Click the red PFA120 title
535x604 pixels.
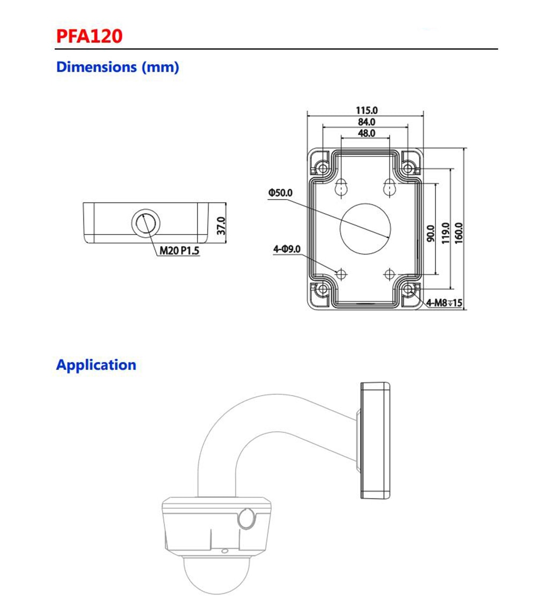(x=89, y=35)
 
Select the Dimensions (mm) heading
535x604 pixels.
(x=118, y=67)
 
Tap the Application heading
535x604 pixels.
(x=96, y=365)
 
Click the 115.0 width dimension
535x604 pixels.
(x=366, y=110)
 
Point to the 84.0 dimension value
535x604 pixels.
(x=366, y=122)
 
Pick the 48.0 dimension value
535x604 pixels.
(x=366, y=133)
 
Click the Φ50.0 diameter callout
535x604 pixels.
(x=280, y=192)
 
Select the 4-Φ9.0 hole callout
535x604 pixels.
(x=287, y=249)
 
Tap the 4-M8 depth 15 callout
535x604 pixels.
(x=444, y=303)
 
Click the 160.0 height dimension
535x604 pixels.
(x=458, y=232)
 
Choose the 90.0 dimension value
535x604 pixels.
(x=431, y=233)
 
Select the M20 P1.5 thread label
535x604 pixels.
(x=179, y=250)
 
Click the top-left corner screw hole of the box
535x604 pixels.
(x=323, y=168)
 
